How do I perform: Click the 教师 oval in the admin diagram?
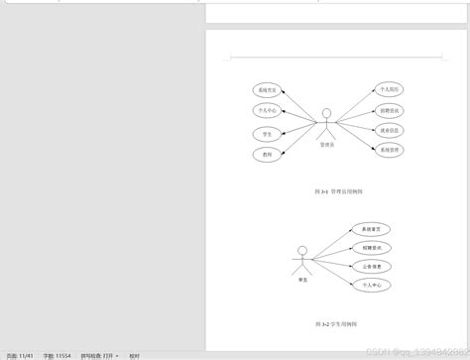pyautogui.click(x=268, y=154)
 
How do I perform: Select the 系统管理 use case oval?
pyautogui.click(x=390, y=150)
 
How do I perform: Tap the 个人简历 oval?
pyautogui.click(x=390, y=89)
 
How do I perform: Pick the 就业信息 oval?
pyautogui.click(x=390, y=130)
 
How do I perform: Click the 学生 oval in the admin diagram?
pyautogui.click(x=268, y=133)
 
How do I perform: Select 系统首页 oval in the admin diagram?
pyautogui.click(x=268, y=90)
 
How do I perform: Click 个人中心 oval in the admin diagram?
pyautogui.click(x=268, y=111)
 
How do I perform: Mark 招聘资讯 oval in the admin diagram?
pyautogui.click(x=390, y=109)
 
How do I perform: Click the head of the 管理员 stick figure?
pyautogui.click(x=326, y=112)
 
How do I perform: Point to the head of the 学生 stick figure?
pyautogui.click(x=302, y=250)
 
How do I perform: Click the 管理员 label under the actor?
pyautogui.click(x=326, y=145)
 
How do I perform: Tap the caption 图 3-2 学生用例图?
pyautogui.click(x=336, y=323)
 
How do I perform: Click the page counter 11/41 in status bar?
pyautogui.click(x=20, y=354)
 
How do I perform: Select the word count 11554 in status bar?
pyautogui.click(x=55, y=354)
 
